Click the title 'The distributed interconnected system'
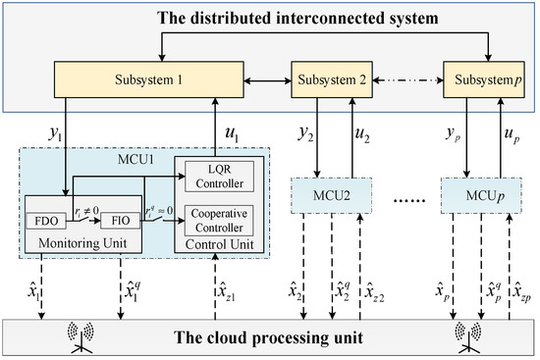point(269,18)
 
